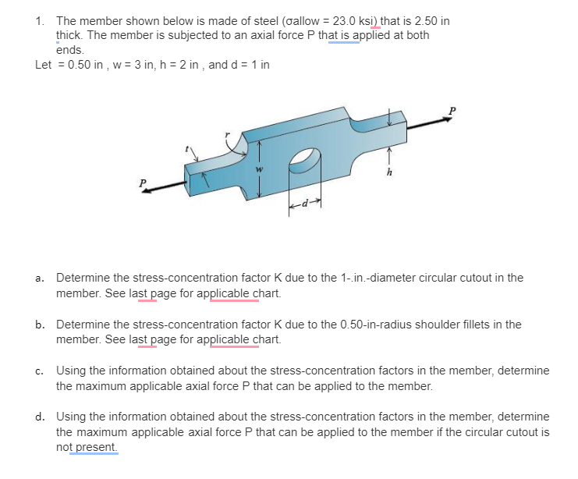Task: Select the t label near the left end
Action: (186, 147)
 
